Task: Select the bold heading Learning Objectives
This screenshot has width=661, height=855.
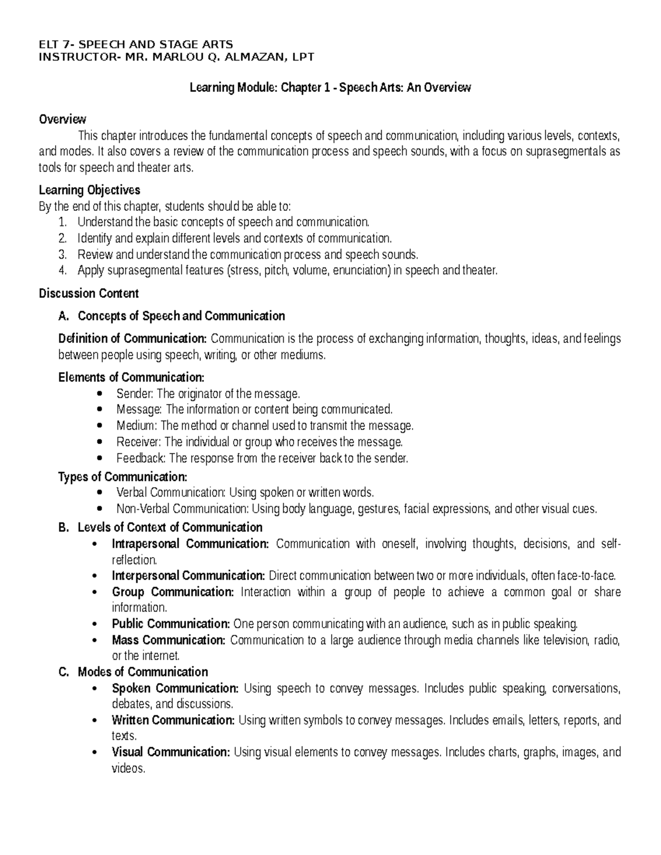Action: pyautogui.click(x=89, y=190)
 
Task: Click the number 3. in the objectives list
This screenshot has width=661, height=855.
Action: pyautogui.click(x=62, y=255)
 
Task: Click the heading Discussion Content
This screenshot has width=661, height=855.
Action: pyautogui.click(x=89, y=293)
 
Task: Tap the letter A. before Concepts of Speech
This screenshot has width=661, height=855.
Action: pyautogui.click(x=63, y=316)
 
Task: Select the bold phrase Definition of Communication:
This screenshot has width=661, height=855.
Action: pyautogui.click(x=132, y=339)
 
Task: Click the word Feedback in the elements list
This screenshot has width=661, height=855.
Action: pyautogui.click(x=140, y=458)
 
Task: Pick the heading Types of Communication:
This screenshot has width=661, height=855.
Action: pyautogui.click(x=122, y=477)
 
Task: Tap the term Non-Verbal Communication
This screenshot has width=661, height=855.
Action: pyautogui.click(x=171, y=509)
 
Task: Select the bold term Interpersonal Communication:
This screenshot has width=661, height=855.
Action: pyautogui.click(x=188, y=576)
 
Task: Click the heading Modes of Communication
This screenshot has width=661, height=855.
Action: pyautogui.click(x=143, y=672)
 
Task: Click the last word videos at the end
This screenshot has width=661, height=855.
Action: pyautogui.click(x=128, y=769)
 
